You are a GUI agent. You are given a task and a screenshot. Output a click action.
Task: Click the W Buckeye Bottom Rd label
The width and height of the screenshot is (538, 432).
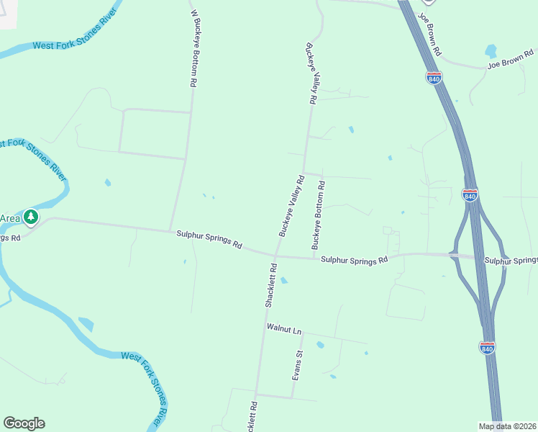(193, 48)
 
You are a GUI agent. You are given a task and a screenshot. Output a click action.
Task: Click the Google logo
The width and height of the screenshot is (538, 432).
(24, 423)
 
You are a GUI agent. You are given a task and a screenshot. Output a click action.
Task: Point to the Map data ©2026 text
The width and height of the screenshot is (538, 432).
(507, 426)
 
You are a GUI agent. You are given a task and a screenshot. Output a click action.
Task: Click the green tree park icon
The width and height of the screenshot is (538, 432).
(30, 217)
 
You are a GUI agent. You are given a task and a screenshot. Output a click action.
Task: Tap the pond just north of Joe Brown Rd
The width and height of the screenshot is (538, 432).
(491, 51)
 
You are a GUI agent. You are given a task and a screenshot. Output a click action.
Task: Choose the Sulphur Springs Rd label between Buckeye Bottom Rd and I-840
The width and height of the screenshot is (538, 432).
(355, 260)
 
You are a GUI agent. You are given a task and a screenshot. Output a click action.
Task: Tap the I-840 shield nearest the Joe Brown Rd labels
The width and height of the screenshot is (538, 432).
(434, 78)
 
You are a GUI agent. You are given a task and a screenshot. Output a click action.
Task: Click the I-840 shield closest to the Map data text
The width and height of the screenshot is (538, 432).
(487, 348)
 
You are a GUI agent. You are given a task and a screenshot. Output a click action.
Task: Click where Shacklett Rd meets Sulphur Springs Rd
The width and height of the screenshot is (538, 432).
(275, 254)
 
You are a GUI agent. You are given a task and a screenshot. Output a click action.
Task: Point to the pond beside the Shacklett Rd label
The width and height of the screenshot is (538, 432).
(283, 281)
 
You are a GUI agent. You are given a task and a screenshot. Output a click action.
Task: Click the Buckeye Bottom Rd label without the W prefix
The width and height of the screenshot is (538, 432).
(319, 215)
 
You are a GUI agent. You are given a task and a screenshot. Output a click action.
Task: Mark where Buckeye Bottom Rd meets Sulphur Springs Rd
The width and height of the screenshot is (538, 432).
(313, 257)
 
